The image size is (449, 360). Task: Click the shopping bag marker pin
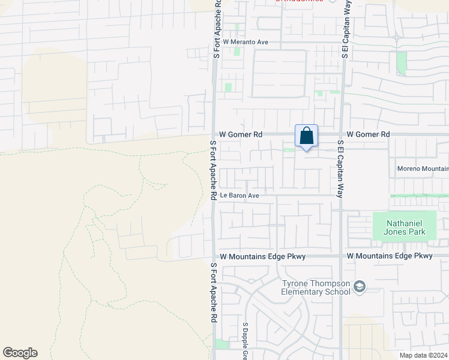coord(306,136)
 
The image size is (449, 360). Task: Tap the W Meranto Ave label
coord(246,42)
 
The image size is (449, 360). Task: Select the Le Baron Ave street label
coord(239,196)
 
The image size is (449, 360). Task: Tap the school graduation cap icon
coord(360,287)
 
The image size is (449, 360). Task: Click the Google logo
coord(20,353)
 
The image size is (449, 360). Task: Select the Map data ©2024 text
coord(424,355)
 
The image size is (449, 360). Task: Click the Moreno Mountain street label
coord(423,169)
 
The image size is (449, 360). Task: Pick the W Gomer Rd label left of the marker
coord(241,135)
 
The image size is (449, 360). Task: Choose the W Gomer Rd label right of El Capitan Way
coord(369,134)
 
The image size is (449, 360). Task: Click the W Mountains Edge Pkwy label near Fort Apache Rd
coord(263,256)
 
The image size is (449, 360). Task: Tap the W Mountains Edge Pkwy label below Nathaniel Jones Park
coord(390,256)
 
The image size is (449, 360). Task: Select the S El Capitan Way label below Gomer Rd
coord(340,169)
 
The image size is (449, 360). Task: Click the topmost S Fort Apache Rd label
coord(217,29)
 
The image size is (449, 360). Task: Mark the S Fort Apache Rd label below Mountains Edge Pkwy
coord(213,293)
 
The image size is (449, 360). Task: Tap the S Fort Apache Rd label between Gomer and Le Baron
coord(212,170)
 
